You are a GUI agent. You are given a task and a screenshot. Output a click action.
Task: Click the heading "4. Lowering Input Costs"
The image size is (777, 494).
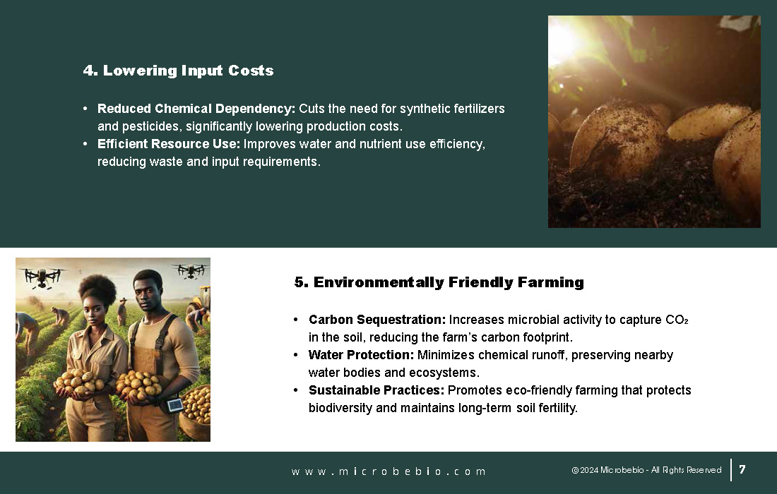coord(179,71)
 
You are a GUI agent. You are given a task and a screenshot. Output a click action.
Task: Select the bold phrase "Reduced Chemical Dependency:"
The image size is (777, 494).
coord(196,109)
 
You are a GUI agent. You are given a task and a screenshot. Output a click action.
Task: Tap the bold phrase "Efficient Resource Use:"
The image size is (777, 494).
coord(169,144)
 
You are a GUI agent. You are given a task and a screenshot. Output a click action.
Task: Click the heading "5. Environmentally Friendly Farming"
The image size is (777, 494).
coord(439,282)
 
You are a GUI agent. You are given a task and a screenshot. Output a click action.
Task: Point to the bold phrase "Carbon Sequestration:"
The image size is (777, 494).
coord(377,320)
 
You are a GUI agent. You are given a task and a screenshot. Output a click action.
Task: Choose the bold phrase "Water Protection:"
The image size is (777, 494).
coord(361,355)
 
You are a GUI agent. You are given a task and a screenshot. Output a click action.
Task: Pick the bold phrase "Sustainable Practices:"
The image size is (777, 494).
coord(376,390)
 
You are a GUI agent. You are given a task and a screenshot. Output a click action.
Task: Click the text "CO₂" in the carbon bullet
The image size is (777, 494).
coord(677,320)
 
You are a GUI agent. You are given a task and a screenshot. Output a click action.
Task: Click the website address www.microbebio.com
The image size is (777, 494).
coord(389,471)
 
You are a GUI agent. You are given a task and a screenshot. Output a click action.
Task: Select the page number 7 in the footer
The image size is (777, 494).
coord(742,469)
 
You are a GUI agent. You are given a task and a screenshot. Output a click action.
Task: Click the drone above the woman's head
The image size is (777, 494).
coord(42,276)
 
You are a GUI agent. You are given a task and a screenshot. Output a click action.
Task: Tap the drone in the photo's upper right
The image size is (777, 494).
coord(191,270)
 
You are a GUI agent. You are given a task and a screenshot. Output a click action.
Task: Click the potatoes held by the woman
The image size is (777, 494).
coord(79,382)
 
